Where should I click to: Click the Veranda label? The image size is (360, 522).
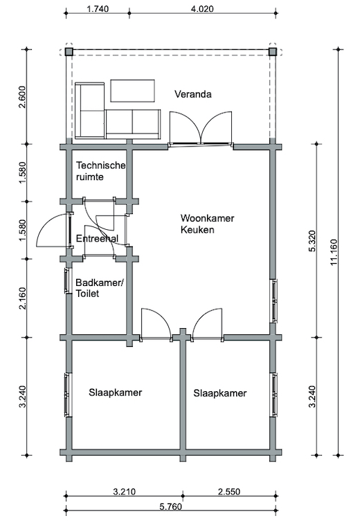point(193,94)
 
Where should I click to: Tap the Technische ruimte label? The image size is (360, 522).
point(100,171)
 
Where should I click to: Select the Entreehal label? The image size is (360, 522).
point(97,238)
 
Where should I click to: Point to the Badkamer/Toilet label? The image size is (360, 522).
point(100,288)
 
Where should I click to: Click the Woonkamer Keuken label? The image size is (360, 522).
point(207,224)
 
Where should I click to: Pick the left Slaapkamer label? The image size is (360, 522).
point(115,393)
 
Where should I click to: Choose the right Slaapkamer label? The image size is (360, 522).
point(219,393)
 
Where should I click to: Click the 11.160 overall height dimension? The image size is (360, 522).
point(334,252)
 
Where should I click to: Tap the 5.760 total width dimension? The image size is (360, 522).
point(170,507)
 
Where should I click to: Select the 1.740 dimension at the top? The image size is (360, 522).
point(98,9)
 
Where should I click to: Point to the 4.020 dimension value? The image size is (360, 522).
point(202,9)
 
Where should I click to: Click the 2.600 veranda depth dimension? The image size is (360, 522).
point(22,97)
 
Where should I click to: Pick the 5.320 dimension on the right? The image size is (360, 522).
point(312,241)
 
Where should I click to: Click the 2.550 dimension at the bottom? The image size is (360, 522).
point(229,492)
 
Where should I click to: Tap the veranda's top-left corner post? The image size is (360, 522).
point(69,52)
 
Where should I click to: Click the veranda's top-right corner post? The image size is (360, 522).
point(272,52)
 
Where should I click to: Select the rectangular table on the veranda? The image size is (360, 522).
point(132,91)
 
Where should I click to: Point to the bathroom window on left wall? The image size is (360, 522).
point(66,281)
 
